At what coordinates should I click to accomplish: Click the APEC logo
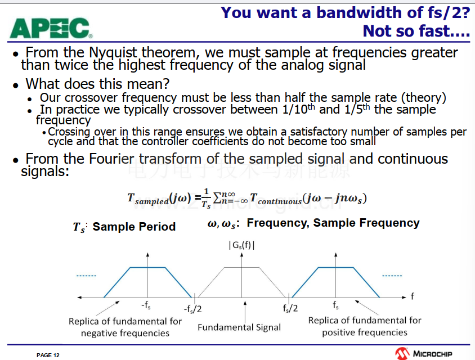coord(51,28)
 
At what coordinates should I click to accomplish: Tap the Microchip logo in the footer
coord(423,353)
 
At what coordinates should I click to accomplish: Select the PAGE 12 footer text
coord(48,355)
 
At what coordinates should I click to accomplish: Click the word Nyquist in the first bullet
coord(113,52)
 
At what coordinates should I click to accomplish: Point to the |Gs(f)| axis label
coord(242,245)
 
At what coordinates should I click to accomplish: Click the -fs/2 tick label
coord(192,309)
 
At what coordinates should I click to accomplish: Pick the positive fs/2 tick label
coord(290,308)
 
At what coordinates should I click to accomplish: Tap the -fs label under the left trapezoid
coord(146,305)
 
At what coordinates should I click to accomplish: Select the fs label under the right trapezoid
coord(335,305)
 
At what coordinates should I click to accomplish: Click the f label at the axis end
coord(413,296)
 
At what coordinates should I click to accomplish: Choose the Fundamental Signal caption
coord(239,327)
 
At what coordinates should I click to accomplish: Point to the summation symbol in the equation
coord(217,198)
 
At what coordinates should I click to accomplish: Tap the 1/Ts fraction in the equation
coord(207,199)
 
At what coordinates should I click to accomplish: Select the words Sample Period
coord(134,227)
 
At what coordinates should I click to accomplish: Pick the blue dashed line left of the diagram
coord(86,276)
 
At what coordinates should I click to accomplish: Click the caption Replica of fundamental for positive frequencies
coord(365,326)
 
